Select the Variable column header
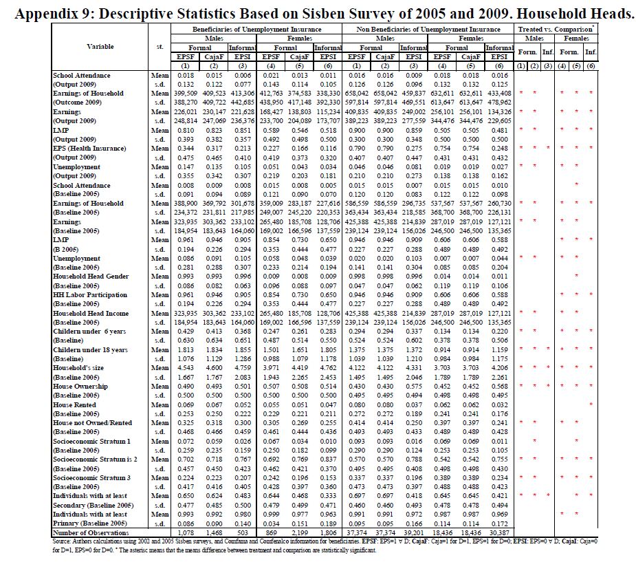pos(100,46)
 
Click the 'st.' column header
pos(160,46)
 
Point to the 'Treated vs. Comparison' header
pos(556,30)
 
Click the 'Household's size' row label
pos(77,368)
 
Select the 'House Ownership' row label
pos(80,387)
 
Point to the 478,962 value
pos(498,102)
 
